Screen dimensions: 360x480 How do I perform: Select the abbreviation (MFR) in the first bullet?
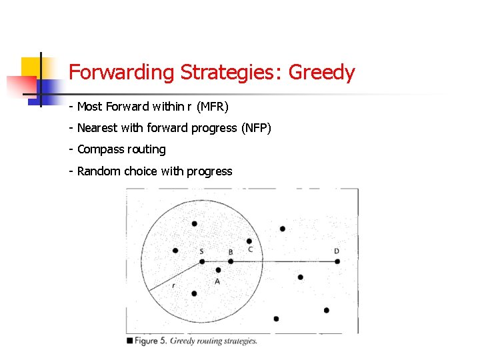[213, 106]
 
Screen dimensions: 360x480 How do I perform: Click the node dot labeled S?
[202, 261]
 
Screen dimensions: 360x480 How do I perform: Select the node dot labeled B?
[231, 261]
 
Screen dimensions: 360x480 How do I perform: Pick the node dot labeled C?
[249, 241]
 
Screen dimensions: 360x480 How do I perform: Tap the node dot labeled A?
[218, 271]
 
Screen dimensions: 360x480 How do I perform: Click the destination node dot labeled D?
[337, 261]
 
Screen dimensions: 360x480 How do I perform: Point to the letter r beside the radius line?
[174, 285]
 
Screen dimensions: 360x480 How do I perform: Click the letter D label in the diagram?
[337, 251]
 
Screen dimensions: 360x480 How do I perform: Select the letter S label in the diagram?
[201, 251]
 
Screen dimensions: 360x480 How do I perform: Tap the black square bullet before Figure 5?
[129, 341]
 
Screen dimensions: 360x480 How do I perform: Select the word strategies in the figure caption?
[239, 341]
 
